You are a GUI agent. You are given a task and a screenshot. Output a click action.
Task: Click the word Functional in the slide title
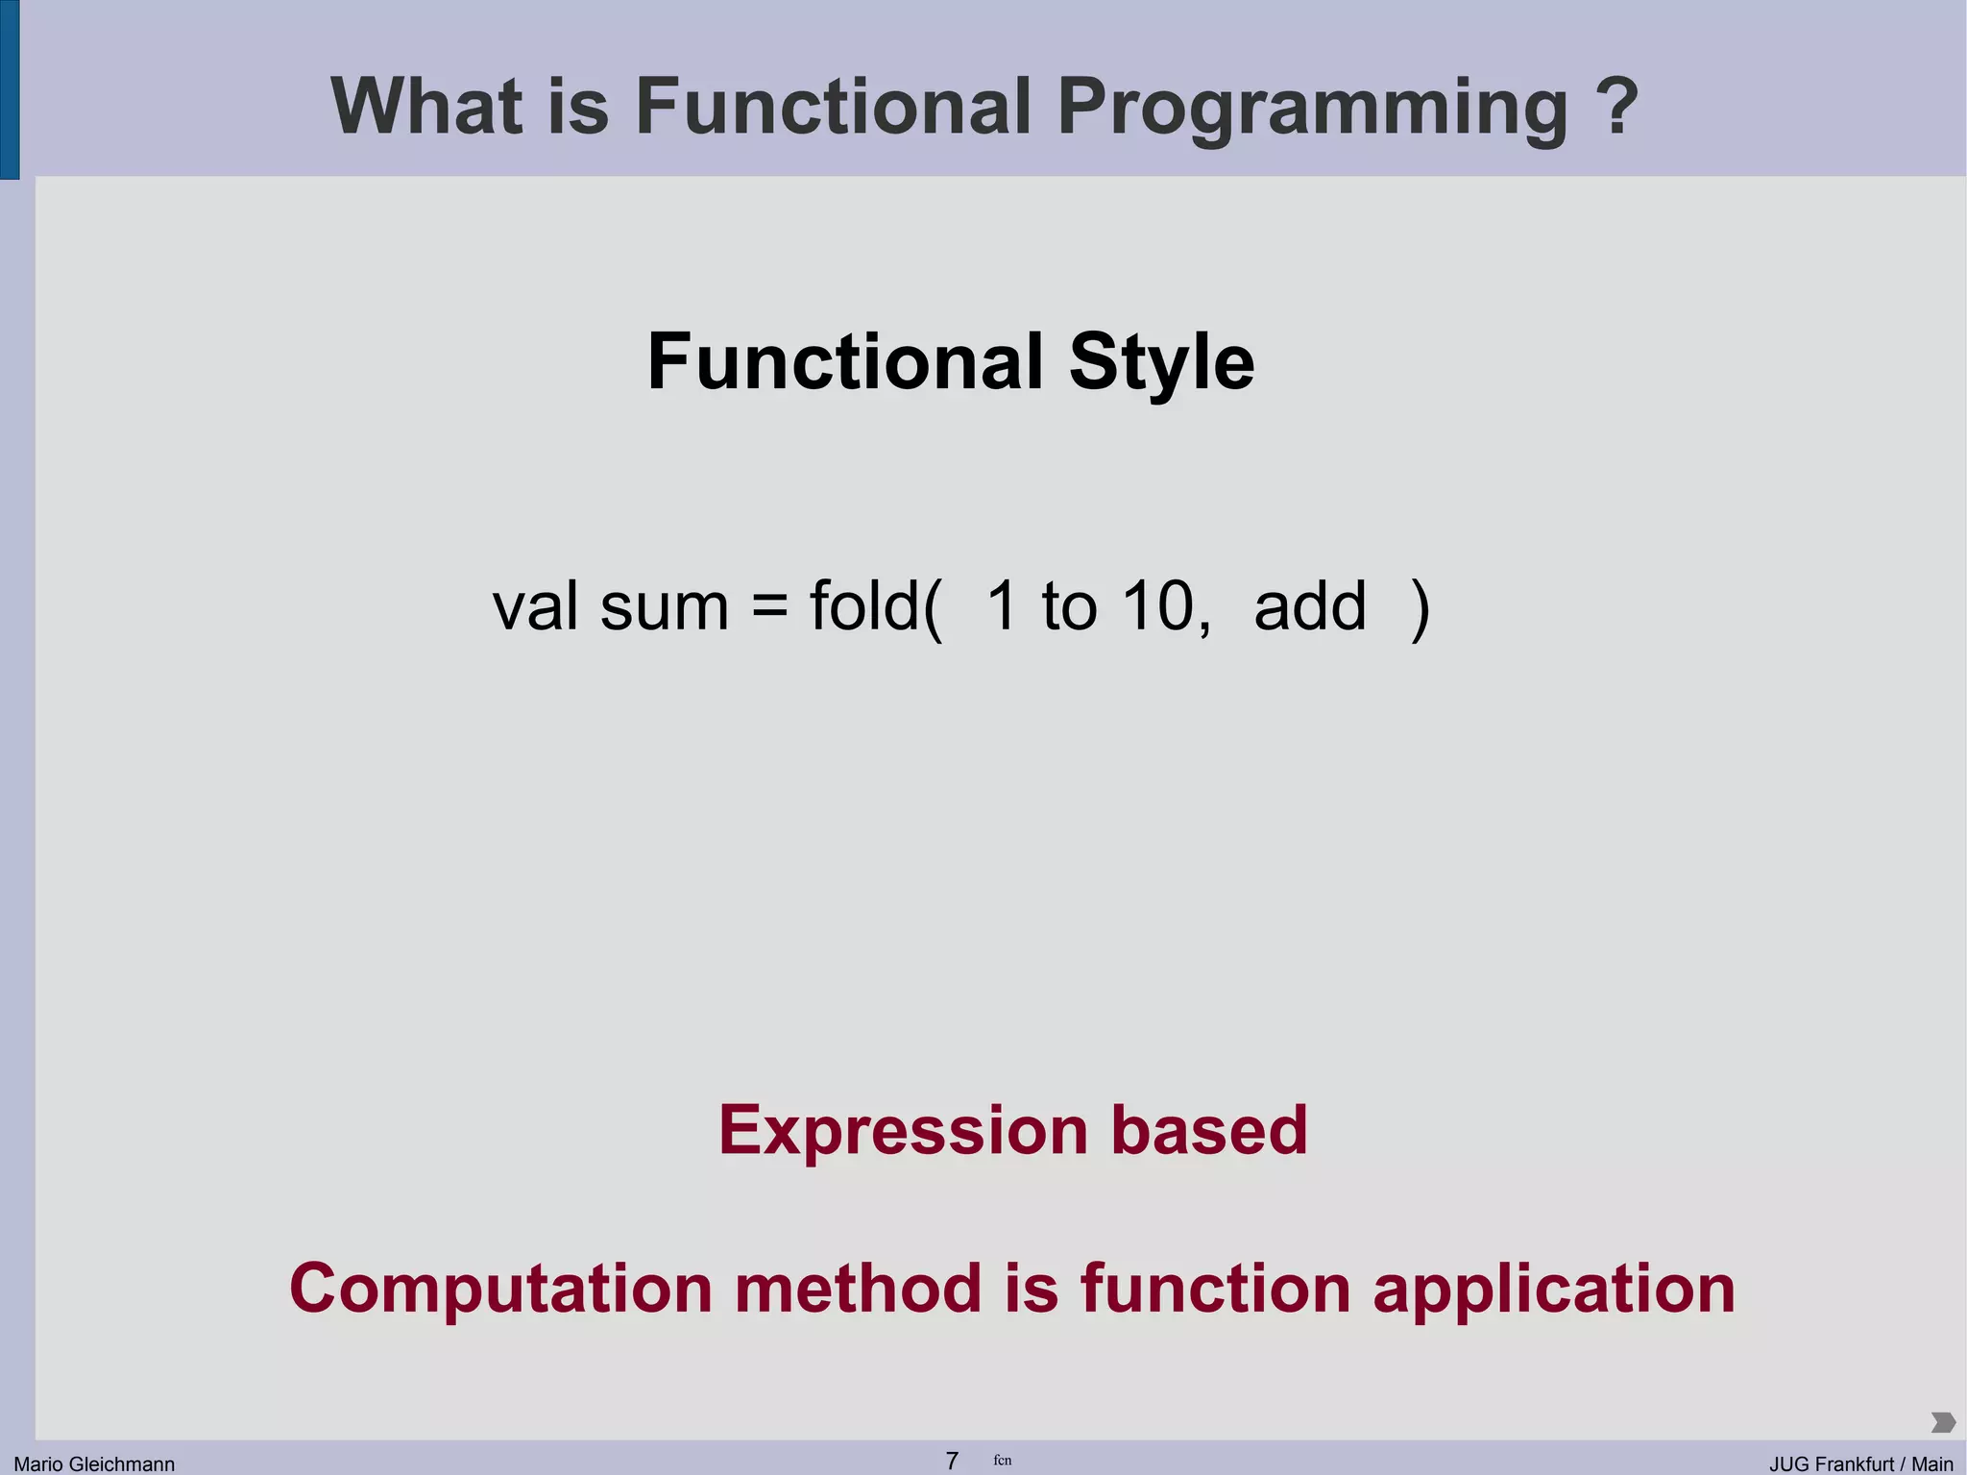[x=833, y=106]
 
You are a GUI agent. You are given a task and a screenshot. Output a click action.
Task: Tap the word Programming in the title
[x=1312, y=108]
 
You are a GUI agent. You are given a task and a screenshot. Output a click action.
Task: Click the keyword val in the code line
[x=535, y=606]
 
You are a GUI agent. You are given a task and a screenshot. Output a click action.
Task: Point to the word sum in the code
[x=665, y=608]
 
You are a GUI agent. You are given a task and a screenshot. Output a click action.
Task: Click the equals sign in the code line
[x=769, y=608]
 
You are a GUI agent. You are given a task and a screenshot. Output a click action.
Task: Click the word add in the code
[x=1310, y=606]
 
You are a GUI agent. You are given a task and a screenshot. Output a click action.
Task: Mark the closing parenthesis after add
[x=1421, y=608]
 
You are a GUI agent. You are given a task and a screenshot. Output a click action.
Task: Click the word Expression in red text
[x=903, y=1131]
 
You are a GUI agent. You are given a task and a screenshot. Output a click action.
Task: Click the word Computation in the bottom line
[x=500, y=1290]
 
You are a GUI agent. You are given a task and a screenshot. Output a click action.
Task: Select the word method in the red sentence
[x=859, y=1288]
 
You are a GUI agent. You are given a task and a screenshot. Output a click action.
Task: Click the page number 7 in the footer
[x=952, y=1461]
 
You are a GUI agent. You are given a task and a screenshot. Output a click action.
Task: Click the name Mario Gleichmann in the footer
[x=94, y=1463]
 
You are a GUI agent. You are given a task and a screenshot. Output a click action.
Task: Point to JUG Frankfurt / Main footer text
[x=1860, y=1463]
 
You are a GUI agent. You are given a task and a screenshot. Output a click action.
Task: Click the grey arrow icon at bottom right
[x=1942, y=1422]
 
